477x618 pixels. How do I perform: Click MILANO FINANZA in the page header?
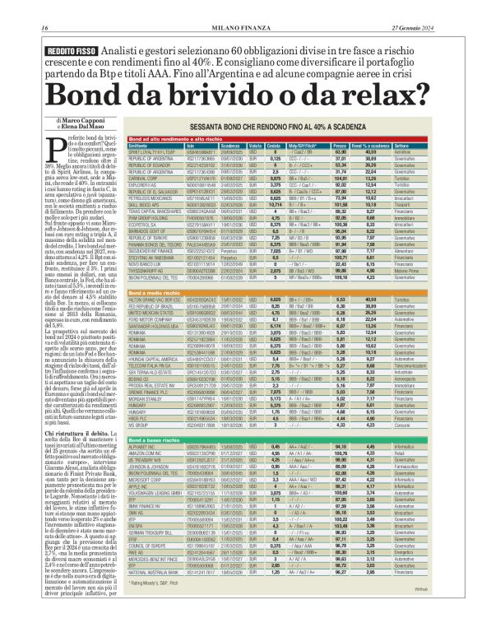(x=237, y=7)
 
